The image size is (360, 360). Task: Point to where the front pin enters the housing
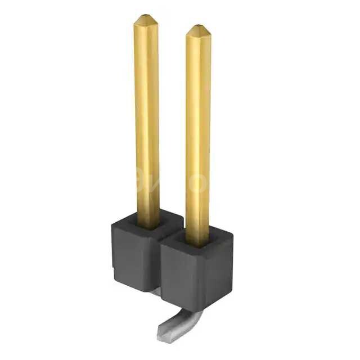point(198,242)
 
